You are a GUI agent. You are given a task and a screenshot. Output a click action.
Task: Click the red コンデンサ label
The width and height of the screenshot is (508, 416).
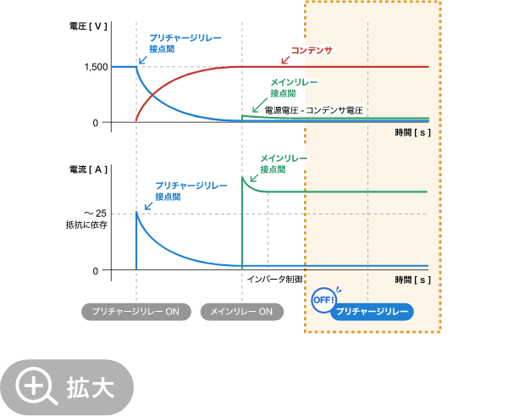[312, 51]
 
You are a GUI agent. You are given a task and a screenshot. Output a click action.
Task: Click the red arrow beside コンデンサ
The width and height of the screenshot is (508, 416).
[285, 59]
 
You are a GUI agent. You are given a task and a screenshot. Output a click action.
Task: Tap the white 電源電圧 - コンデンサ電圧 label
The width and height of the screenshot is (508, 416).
[313, 110]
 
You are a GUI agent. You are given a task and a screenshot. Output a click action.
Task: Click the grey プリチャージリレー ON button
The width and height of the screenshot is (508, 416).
[135, 312]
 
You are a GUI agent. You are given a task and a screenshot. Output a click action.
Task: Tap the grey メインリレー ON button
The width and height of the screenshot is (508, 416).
[241, 312]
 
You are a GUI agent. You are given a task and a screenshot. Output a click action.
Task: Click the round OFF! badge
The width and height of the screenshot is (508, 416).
[323, 300]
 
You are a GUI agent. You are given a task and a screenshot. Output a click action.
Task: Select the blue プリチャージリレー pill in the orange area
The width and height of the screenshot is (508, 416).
[373, 312]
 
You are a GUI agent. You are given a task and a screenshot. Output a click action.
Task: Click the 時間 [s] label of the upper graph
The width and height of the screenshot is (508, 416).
[412, 132]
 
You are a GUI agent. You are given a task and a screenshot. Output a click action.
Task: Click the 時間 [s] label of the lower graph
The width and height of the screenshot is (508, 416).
[412, 280]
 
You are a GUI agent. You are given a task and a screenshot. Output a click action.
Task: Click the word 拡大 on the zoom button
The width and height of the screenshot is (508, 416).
[91, 388]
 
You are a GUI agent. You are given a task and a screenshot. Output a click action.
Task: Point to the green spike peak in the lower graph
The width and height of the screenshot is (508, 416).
[242, 176]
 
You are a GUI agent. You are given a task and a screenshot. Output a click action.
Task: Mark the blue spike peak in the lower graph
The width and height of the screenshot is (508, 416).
[136, 212]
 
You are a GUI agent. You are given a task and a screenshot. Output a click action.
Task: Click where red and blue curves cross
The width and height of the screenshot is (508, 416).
[152, 93]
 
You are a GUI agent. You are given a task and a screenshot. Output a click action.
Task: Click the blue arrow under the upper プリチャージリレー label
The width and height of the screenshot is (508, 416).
[142, 60]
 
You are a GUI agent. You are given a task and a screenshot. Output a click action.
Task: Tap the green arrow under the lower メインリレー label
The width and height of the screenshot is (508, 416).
[253, 179]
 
